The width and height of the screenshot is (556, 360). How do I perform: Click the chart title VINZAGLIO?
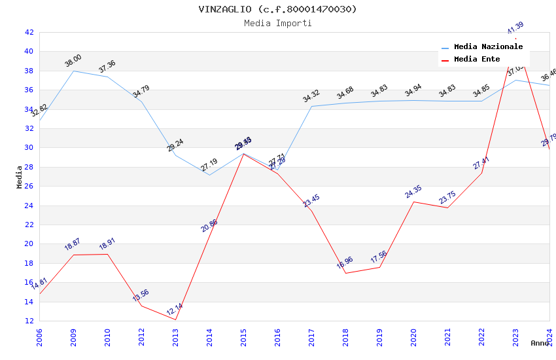[278, 9]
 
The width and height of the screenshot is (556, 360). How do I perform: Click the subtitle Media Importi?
[278, 23]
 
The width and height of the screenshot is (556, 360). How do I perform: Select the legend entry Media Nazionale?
[488, 47]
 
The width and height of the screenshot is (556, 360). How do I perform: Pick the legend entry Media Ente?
[477, 60]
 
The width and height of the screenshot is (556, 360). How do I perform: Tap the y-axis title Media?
[20, 177]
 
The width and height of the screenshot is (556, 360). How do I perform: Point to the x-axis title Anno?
[540, 343]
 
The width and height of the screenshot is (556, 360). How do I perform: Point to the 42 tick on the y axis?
[29, 32]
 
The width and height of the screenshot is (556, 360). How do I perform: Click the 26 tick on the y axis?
[29, 186]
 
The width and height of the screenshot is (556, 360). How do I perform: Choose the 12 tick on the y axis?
[29, 321]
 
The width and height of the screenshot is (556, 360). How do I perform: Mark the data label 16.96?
[345, 262]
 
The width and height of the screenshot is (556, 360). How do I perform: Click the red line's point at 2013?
[175, 319]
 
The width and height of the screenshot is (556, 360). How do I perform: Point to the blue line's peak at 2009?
[73, 71]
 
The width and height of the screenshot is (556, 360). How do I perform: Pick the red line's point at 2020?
[413, 202]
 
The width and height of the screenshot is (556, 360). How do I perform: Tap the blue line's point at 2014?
[209, 175]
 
